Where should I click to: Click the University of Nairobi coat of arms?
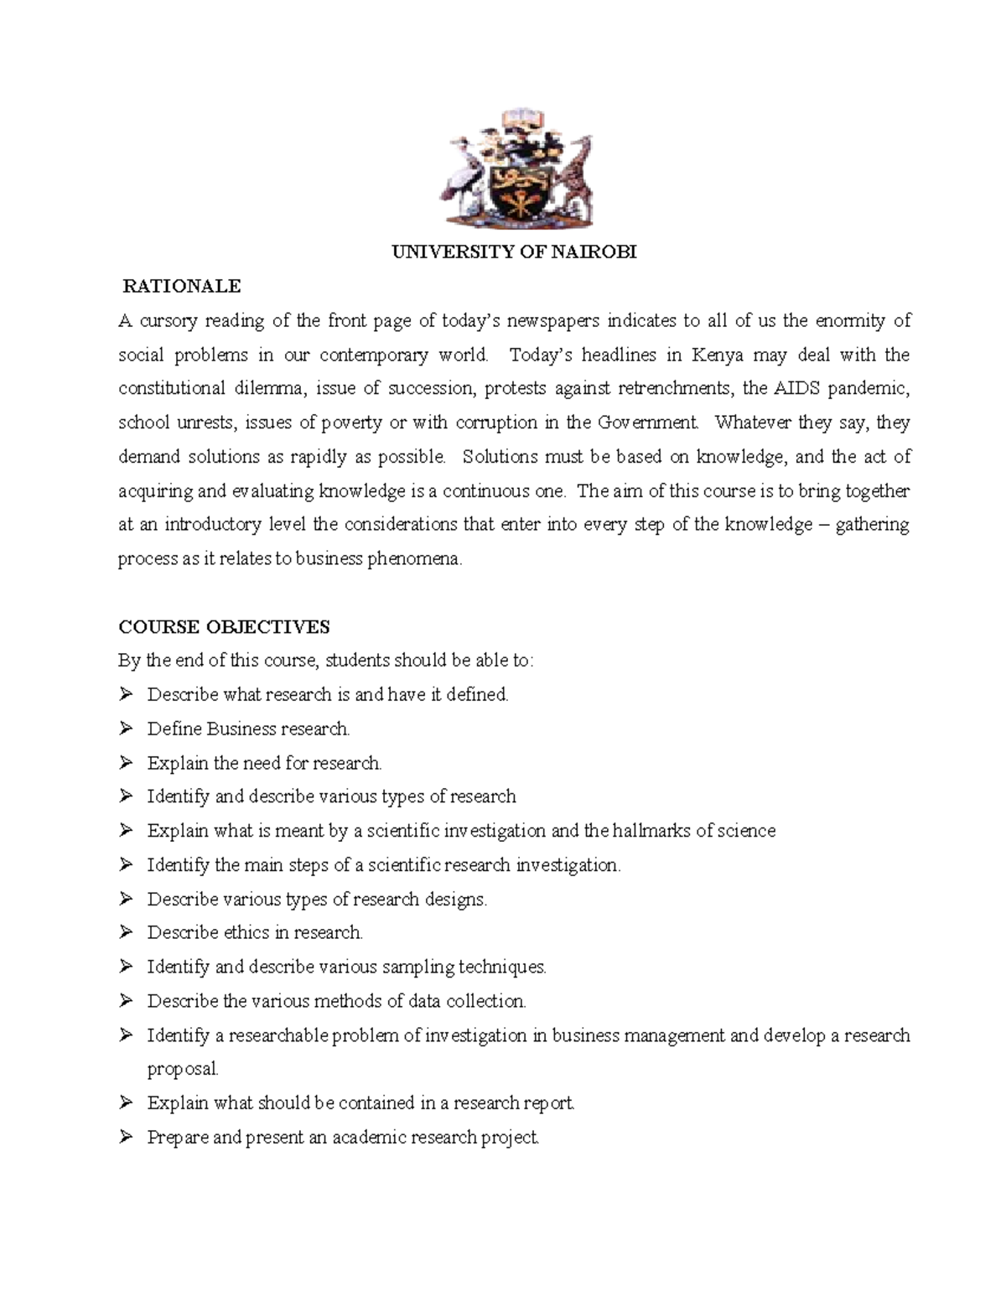point(515,169)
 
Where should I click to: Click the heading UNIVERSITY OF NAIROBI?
point(515,252)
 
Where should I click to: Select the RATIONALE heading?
point(182,287)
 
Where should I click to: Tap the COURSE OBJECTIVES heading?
point(224,627)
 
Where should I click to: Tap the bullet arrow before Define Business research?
point(126,729)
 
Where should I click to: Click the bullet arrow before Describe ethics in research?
point(126,932)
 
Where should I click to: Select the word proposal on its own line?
point(183,1069)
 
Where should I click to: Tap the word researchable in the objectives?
point(278,1035)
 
